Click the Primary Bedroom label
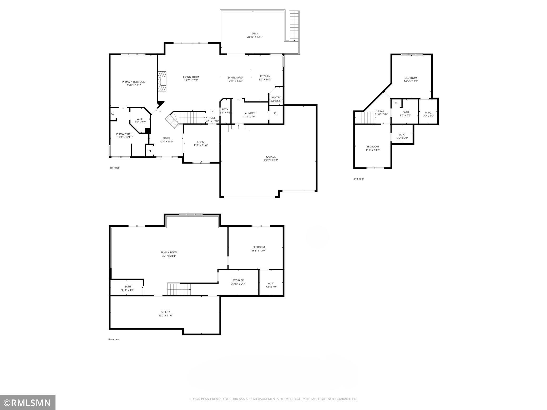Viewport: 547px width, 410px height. coord(134,82)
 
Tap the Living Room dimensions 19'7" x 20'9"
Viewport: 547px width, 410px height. coord(191,80)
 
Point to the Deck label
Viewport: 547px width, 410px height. coord(255,33)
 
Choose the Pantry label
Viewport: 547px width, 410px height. coord(276,98)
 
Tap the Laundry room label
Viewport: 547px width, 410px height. coord(249,113)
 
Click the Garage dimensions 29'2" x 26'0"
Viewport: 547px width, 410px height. coord(271,160)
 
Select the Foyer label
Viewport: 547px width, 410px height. coord(166,138)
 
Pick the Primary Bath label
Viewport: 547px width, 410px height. coord(125,134)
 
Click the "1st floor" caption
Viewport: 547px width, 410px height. coord(114,168)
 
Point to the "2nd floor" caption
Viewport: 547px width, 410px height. coord(358,179)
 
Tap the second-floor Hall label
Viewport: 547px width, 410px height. coord(381,111)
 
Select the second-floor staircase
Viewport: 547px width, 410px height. coord(365,117)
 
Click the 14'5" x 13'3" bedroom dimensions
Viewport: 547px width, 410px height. coord(411,81)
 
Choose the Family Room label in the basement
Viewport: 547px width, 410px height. coord(169,252)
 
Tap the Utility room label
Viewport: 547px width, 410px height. coord(166,312)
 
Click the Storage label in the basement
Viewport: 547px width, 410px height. coord(238,280)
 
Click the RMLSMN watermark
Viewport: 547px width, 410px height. coord(28,402)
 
